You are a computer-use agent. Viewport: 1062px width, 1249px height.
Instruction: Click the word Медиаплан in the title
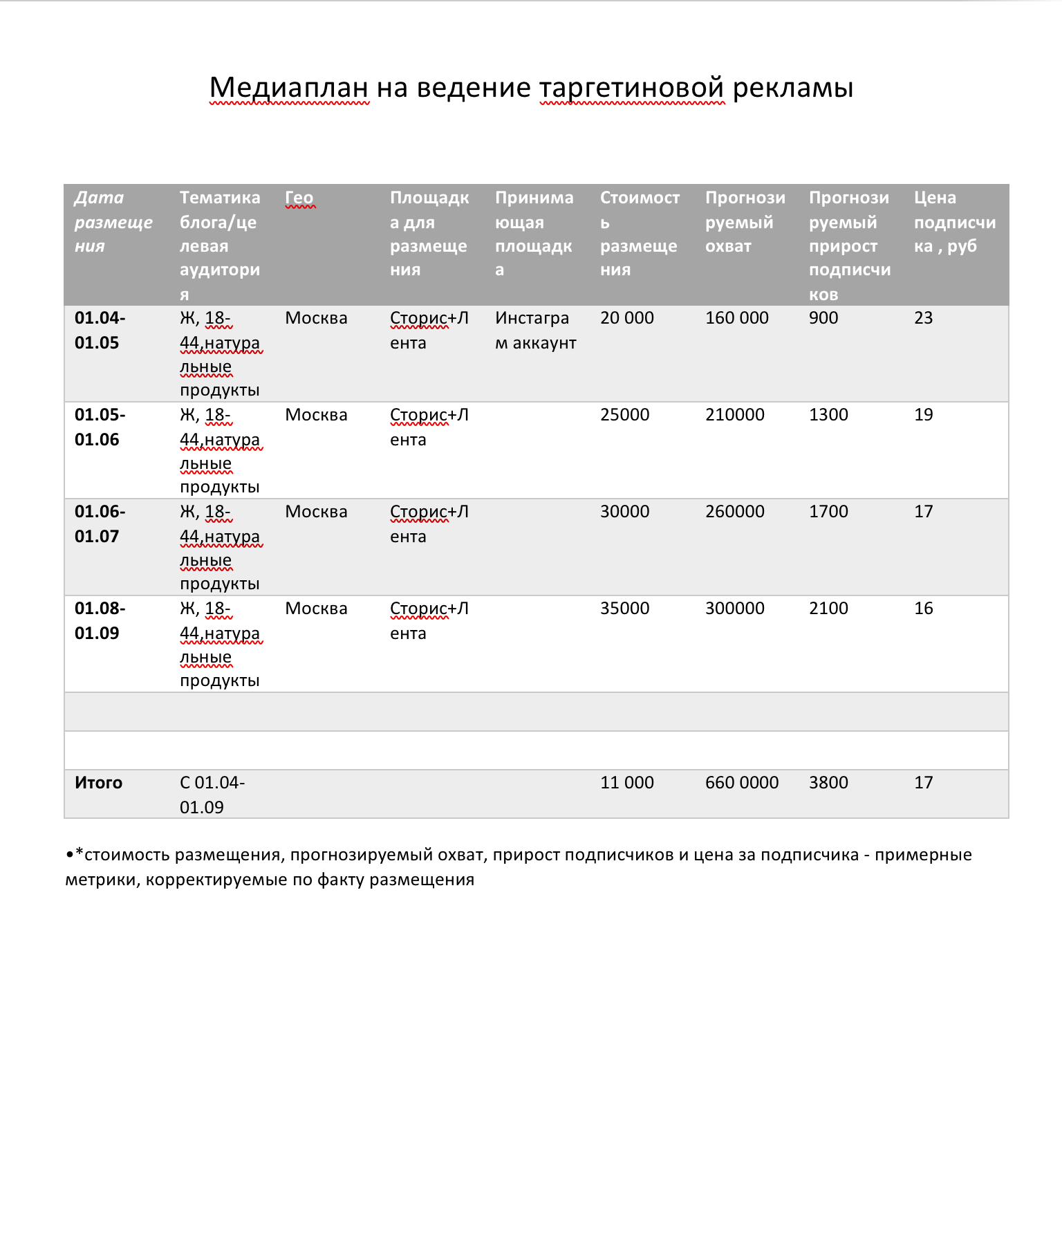289,88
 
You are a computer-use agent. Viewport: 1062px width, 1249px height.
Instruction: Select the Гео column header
299,198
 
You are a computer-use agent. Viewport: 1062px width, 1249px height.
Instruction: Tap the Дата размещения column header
113,221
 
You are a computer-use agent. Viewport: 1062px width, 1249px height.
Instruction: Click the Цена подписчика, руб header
954,221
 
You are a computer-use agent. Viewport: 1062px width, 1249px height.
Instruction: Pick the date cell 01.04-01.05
100,330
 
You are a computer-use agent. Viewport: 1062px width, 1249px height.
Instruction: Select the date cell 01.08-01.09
100,620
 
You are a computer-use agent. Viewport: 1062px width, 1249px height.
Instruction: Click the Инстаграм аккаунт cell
535,330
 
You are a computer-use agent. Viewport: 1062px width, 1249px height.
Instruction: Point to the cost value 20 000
626,318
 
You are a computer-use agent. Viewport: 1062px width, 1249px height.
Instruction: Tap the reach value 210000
734,415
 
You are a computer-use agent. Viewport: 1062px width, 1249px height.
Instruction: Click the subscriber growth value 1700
828,512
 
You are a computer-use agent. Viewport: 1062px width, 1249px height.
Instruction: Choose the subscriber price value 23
923,318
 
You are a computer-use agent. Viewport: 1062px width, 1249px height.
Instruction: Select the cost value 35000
624,609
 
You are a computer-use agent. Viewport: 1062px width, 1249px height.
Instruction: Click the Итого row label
98,783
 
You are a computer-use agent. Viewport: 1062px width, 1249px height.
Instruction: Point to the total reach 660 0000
741,783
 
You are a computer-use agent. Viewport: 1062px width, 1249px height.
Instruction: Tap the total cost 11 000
626,783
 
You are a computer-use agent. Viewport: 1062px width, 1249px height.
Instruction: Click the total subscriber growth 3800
828,783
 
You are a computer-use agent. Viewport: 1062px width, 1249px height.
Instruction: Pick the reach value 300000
734,609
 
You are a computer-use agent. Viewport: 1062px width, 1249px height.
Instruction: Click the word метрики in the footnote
102,880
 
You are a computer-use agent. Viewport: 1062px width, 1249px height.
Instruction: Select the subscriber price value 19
923,415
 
